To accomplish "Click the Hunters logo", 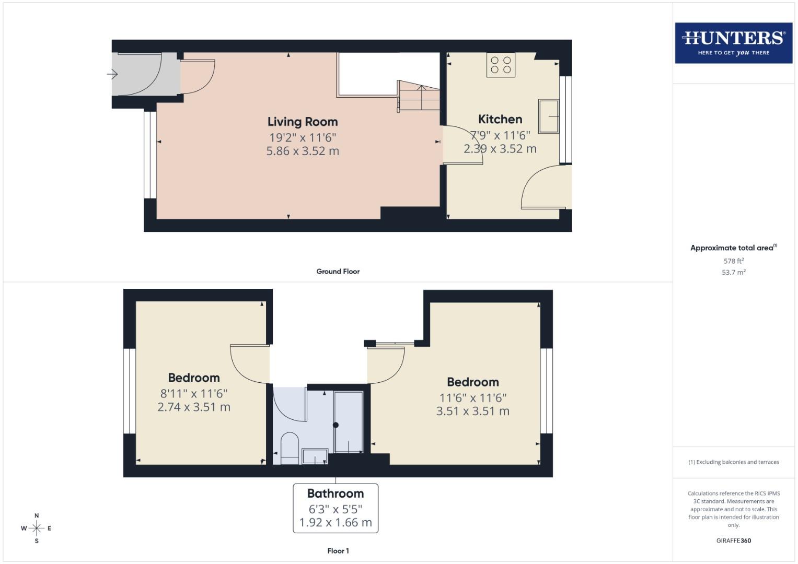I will pyautogui.click(x=733, y=43).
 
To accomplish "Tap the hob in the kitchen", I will pyautogui.click(x=501, y=65).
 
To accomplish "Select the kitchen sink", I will pyautogui.click(x=549, y=116).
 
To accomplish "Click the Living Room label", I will pyautogui.click(x=303, y=122).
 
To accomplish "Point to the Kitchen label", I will pyautogui.click(x=500, y=119).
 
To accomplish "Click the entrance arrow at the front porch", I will pyautogui.click(x=112, y=74).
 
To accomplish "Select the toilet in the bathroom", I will pyautogui.click(x=290, y=448).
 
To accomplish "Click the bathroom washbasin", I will pyautogui.click(x=315, y=456).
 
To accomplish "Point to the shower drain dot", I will pyautogui.click(x=336, y=425).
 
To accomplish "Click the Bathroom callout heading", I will pyautogui.click(x=336, y=494).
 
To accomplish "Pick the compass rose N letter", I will pyautogui.click(x=37, y=515).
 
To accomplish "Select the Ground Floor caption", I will pyautogui.click(x=338, y=272).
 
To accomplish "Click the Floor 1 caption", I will pyautogui.click(x=338, y=551).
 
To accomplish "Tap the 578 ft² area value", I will pyautogui.click(x=733, y=261).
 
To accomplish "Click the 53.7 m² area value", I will pyautogui.click(x=733, y=272).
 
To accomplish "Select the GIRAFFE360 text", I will pyautogui.click(x=733, y=540).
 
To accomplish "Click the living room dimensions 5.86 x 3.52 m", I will pyautogui.click(x=303, y=151).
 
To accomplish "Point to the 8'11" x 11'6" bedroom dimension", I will pyautogui.click(x=193, y=393).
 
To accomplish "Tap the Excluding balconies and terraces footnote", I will pyautogui.click(x=733, y=462).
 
